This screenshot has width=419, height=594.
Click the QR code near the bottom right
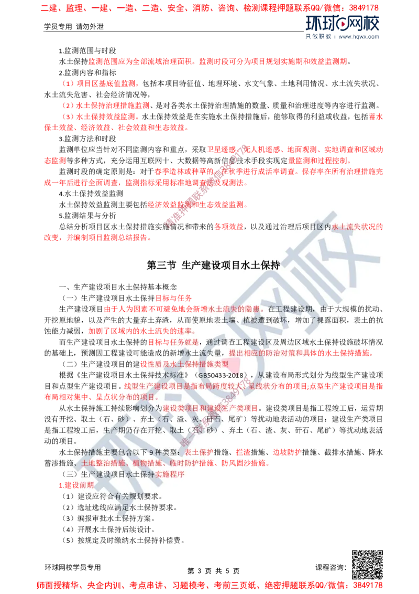[367, 566]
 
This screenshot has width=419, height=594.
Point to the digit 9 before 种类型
[152, 452]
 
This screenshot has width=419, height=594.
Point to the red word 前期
[86, 485]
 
